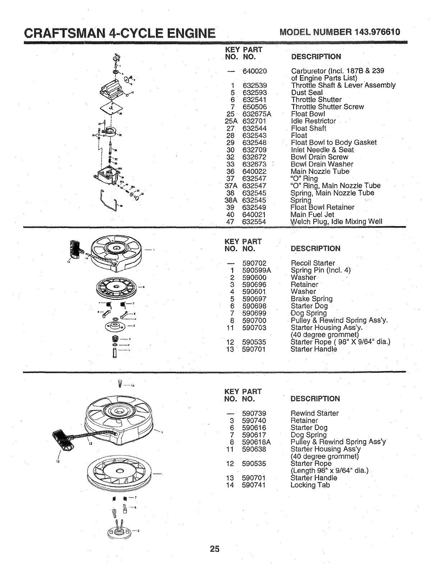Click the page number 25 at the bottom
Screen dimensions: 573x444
coord(214,549)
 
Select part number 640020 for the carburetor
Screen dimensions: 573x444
coord(254,71)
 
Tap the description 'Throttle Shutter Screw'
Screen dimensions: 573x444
coord(327,107)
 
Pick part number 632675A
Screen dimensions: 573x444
coord(256,114)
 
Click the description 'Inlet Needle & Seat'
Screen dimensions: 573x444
coord(322,150)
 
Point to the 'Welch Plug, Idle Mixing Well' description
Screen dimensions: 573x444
coord(336,222)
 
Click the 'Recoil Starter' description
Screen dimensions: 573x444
coord(313,263)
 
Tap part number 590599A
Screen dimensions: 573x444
coord(256,270)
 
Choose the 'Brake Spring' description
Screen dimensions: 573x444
coord(311,299)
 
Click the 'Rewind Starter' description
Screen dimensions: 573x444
coord(314,413)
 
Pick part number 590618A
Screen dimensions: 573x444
coord(256,442)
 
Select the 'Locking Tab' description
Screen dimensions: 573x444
coord(310,485)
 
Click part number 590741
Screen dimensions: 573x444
coord(254,485)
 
